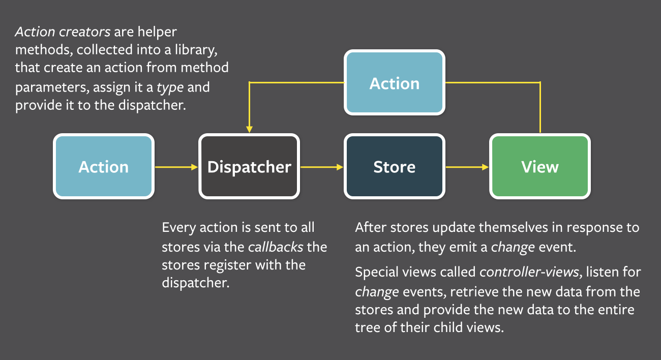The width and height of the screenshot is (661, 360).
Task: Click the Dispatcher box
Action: [249, 166]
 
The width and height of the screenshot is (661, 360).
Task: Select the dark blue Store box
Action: [394, 166]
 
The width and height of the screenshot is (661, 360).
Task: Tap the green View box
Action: [539, 166]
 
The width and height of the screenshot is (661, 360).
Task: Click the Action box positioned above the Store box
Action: [394, 83]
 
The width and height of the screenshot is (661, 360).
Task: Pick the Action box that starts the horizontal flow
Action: [103, 166]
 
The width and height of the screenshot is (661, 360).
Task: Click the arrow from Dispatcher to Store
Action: [322, 166]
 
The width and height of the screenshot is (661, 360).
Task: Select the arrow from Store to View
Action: [467, 166]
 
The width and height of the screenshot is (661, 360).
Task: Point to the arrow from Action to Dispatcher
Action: [176, 166]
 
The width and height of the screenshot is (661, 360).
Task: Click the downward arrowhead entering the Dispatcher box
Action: [249, 129]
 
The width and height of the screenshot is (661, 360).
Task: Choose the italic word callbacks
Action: [275, 247]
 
